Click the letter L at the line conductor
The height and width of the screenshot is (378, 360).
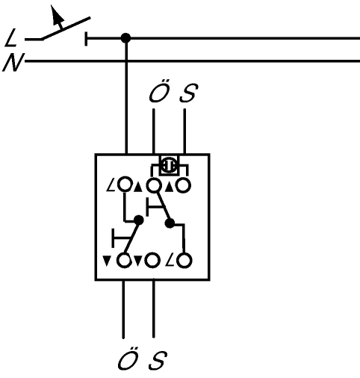pyautogui.click(x=10, y=37)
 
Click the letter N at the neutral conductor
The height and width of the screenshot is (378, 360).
pyautogui.click(x=13, y=62)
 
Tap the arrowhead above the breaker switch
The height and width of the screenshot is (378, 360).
pyautogui.click(x=57, y=14)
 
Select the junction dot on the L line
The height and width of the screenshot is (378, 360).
pyautogui.click(x=125, y=38)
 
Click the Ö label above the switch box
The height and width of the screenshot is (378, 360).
pyautogui.click(x=159, y=91)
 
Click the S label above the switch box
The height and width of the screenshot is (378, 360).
pyautogui.click(x=189, y=93)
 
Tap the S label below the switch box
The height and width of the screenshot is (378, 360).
pyautogui.click(x=158, y=360)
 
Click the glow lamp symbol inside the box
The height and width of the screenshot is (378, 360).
pyautogui.click(x=169, y=165)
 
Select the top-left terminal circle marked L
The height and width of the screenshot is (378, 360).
pyautogui.click(x=124, y=185)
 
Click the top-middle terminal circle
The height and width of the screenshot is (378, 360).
pyautogui.click(x=153, y=185)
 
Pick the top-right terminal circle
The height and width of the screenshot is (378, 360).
pyautogui.click(x=184, y=185)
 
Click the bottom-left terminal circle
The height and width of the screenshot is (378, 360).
pyautogui.click(x=124, y=261)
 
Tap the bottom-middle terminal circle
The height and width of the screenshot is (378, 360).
pyautogui.click(x=152, y=261)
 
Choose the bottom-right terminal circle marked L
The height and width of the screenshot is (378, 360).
pyautogui.click(x=184, y=261)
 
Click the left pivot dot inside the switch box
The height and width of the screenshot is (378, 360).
pyautogui.click(x=139, y=220)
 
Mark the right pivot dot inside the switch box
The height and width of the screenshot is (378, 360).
pyautogui.click(x=170, y=223)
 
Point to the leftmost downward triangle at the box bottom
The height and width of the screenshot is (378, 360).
pyautogui.click(x=106, y=261)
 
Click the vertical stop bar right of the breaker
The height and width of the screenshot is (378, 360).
pyautogui.click(x=86, y=39)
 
